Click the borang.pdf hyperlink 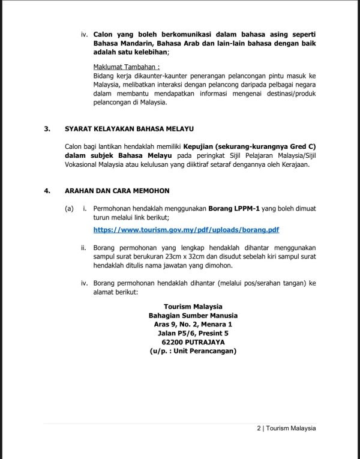coord(186,230)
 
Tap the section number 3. coord(47,129)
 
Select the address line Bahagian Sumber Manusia coord(193,315)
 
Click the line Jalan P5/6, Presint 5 coord(193,333)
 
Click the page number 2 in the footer coord(258,428)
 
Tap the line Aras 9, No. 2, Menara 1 coord(193,324)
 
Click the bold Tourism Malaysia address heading coord(193,306)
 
